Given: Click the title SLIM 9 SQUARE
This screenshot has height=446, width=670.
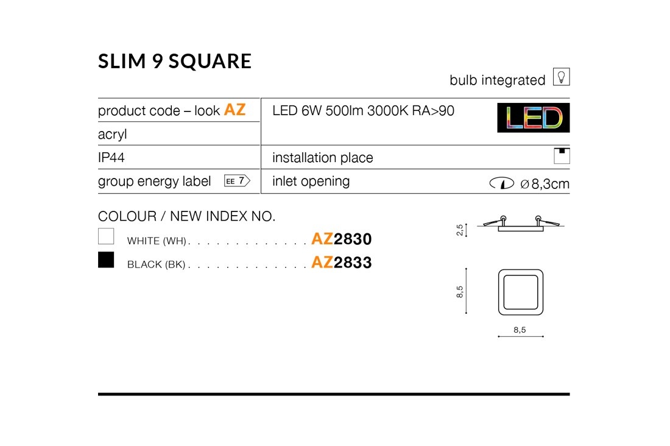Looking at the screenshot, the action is click(174, 61).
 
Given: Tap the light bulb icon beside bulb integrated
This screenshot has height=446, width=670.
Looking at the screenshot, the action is click(561, 77).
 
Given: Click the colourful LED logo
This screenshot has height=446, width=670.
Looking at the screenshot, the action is click(534, 118).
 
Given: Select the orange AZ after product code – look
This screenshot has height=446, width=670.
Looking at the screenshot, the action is click(234, 110).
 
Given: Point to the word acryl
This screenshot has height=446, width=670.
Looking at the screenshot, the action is click(113, 134).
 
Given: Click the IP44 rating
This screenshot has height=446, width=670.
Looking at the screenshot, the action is click(111, 157).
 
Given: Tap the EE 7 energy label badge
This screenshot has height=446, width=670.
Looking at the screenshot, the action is click(237, 181).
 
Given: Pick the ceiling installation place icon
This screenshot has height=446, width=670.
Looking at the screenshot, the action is click(562, 155).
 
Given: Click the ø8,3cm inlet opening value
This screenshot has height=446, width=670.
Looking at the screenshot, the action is click(545, 184).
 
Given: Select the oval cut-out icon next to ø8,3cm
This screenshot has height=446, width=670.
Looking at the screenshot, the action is click(502, 183).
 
